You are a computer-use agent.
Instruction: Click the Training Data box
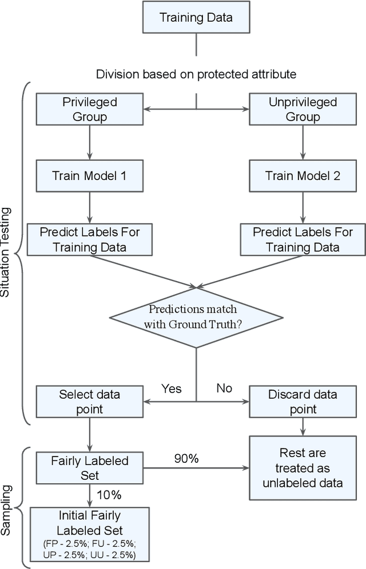tap(196, 17)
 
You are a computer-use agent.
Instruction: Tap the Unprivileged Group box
tap(303, 109)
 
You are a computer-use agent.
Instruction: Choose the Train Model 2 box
tap(303, 175)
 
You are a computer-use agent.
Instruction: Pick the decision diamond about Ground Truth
tap(196, 316)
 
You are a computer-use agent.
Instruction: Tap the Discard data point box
tap(303, 402)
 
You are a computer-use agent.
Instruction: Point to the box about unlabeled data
tap(303, 468)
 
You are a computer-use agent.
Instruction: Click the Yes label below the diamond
tap(171, 388)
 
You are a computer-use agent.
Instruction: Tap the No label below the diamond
tap(224, 388)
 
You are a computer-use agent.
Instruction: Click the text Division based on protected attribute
tap(196, 74)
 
